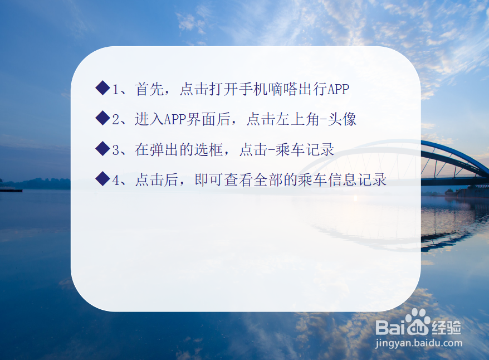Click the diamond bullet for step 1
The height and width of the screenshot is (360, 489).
pyautogui.click(x=102, y=88)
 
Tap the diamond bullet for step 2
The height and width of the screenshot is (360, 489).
pyautogui.click(x=102, y=118)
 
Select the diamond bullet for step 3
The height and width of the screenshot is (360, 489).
pyautogui.click(x=102, y=148)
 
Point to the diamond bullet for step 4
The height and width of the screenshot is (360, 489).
pyautogui.click(x=102, y=179)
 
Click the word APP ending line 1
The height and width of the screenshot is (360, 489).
pyautogui.click(x=338, y=89)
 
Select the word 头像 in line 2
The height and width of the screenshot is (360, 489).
pyautogui.click(x=343, y=119)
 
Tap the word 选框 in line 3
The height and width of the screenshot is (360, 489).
pyautogui.click(x=212, y=149)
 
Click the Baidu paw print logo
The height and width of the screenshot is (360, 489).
pyautogui.click(x=418, y=320)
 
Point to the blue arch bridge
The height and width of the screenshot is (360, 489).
pyautogui.click(x=454, y=162)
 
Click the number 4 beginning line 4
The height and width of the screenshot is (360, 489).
pyautogui.click(x=116, y=180)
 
